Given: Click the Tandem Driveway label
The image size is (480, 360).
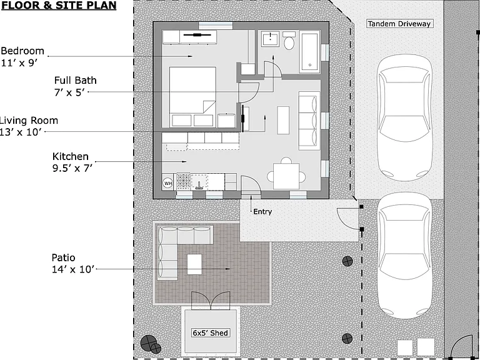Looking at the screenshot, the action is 399,24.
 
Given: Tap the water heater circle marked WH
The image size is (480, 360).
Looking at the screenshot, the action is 168,183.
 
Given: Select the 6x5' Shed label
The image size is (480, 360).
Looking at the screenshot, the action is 210,332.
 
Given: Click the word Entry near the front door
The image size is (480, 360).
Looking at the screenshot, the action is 262,211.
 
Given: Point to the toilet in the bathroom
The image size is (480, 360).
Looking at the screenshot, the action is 289,41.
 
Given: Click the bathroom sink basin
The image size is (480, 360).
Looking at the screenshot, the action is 270,39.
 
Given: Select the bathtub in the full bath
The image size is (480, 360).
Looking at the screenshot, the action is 309,51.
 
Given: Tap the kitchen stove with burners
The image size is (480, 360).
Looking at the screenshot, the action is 183,181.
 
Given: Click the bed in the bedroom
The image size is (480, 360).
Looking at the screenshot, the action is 192,97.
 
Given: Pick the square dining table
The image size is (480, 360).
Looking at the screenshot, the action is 286,176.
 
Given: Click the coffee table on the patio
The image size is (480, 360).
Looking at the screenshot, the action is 194,264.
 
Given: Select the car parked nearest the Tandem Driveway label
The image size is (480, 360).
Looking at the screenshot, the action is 404,118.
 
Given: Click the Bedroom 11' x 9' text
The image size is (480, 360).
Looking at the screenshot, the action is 22,57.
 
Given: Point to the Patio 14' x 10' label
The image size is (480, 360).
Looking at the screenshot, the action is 72,264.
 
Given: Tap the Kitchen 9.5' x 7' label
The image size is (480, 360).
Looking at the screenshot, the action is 72,162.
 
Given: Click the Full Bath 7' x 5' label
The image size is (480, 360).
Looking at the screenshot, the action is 75,86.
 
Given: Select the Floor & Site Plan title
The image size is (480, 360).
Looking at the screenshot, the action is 59,5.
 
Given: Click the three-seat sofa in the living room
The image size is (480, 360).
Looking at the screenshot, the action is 309,121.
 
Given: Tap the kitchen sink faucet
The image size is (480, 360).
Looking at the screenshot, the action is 199,184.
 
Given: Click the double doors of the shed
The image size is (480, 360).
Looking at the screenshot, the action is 211,300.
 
